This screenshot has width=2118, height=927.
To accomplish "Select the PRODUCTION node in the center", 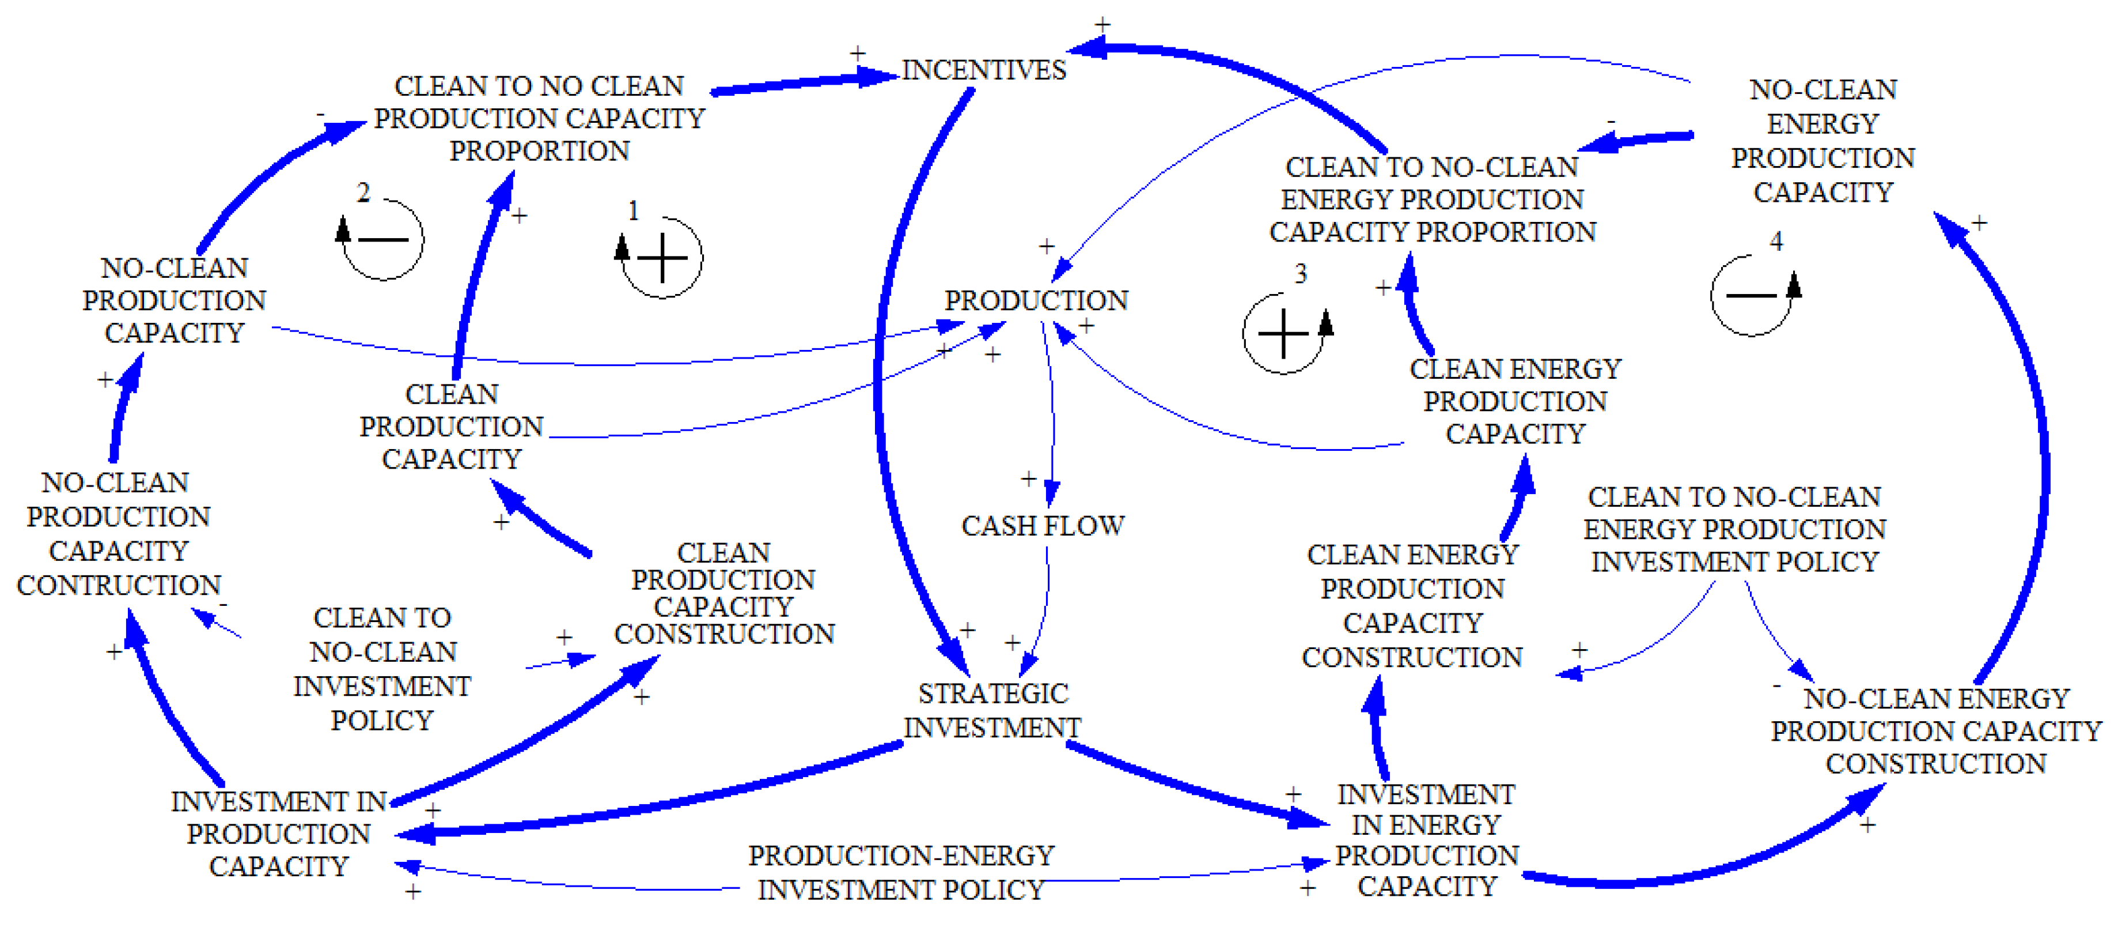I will pyautogui.click(x=1036, y=300).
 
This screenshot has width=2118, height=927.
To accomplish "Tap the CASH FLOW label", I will pyautogui.click(x=1043, y=526).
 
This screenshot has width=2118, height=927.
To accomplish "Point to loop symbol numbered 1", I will pyautogui.click(x=662, y=258).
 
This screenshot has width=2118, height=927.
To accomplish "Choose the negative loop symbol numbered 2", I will pyautogui.click(x=383, y=239).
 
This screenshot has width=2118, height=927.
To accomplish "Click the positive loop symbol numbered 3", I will pyautogui.click(x=1283, y=333).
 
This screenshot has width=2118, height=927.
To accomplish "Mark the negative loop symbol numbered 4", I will pyautogui.click(x=1751, y=295).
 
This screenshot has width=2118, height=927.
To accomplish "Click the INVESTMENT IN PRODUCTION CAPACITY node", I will pyautogui.click(x=279, y=833).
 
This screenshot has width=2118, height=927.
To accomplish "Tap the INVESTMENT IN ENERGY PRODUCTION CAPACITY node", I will pyautogui.click(x=1427, y=840).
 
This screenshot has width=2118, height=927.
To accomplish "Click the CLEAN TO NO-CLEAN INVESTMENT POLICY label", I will pyautogui.click(x=382, y=669).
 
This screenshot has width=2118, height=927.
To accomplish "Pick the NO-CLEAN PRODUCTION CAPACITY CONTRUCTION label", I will pyautogui.click(x=119, y=533).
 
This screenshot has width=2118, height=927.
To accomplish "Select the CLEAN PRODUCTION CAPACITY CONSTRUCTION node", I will pyautogui.click(x=723, y=593).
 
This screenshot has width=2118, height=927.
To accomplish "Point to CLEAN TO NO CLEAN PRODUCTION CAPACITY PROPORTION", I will pyautogui.click(x=539, y=118).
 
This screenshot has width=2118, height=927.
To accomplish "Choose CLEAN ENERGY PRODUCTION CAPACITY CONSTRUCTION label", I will pyautogui.click(x=1412, y=605).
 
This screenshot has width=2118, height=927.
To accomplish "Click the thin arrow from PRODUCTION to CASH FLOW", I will pyautogui.click(x=1052, y=411).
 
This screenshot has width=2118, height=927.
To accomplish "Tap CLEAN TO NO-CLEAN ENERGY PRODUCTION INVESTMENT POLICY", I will pyautogui.click(x=1735, y=529).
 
